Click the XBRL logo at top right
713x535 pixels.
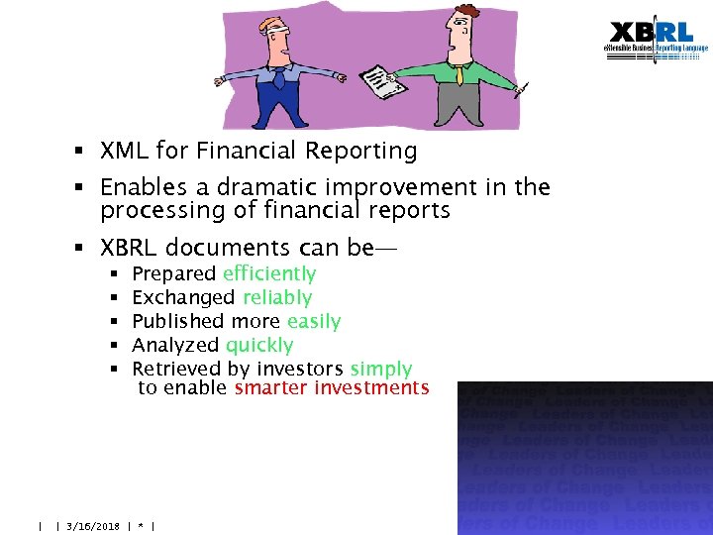point(658,42)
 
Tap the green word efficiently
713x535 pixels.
point(269,274)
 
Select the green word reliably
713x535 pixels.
point(277,298)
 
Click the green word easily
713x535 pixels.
point(313,322)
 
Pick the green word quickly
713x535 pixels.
point(259,346)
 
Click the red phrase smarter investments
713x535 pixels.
point(332,388)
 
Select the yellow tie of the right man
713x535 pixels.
point(459,73)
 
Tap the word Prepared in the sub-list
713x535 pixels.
point(174,274)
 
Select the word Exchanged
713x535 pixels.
point(183,298)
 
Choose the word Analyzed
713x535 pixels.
point(175,346)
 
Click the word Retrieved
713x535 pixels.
point(176,370)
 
